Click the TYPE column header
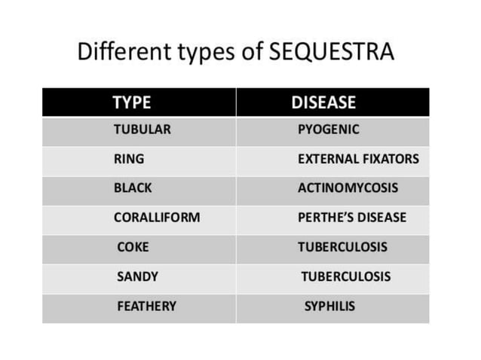pyautogui.click(x=132, y=102)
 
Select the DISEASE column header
pyautogui.click(x=323, y=102)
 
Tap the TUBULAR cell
pyautogui.click(x=142, y=130)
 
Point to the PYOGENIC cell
pyautogui.click(x=329, y=130)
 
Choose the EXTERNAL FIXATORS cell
pyautogui.click(x=358, y=159)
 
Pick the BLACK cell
pyautogui.click(x=133, y=188)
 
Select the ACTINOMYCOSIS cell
pyautogui.click(x=348, y=188)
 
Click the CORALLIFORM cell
pyautogui.click(x=157, y=218)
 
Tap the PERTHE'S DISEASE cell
pyautogui.click(x=352, y=218)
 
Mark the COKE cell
pyautogui.click(x=133, y=247)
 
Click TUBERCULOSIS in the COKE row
pyautogui.click(x=342, y=247)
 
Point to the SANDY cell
pyautogui.click(x=137, y=276)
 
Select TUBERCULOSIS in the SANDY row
pyautogui.click(x=346, y=276)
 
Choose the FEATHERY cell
pyautogui.click(x=146, y=306)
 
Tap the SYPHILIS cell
pyautogui.click(x=329, y=306)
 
